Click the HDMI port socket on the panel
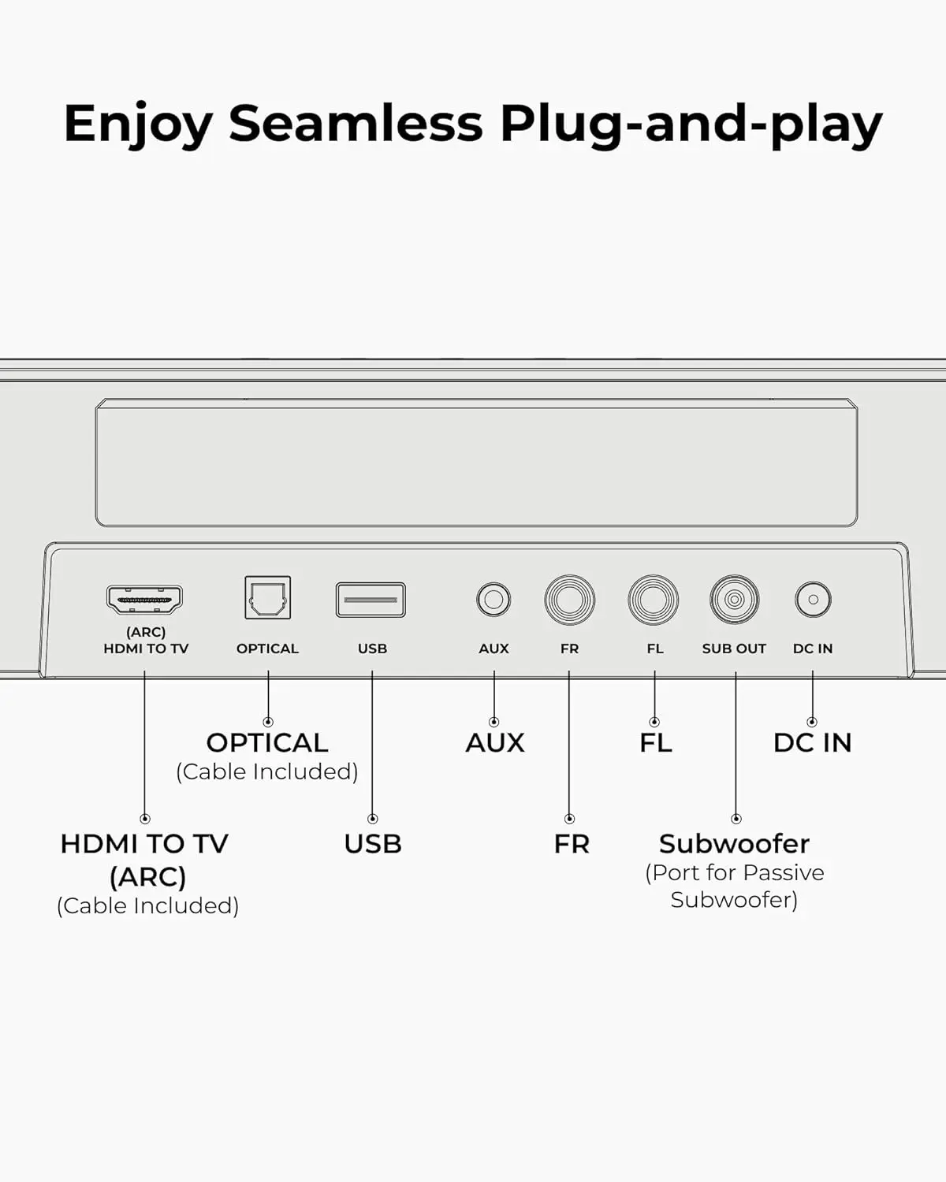pos(144,599)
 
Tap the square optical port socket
pos(268,597)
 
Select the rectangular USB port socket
pos(371,600)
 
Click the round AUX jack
pos(493,599)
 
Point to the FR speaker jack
pos(569,599)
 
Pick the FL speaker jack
pos(653,599)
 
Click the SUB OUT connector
pos(735,599)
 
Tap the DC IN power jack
pos(813,599)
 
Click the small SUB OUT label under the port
pos(734,649)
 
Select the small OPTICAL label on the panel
pos(268,649)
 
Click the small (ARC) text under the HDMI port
pos(146,632)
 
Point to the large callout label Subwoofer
pos(735,844)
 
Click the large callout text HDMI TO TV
pos(144,844)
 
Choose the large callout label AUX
pos(495,743)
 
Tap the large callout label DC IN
pos(813,743)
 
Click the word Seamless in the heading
pos(356,123)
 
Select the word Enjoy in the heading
pos(138,125)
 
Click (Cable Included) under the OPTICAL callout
pos(267,771)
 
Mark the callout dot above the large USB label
pos(372,819)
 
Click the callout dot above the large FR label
pos(569,819)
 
